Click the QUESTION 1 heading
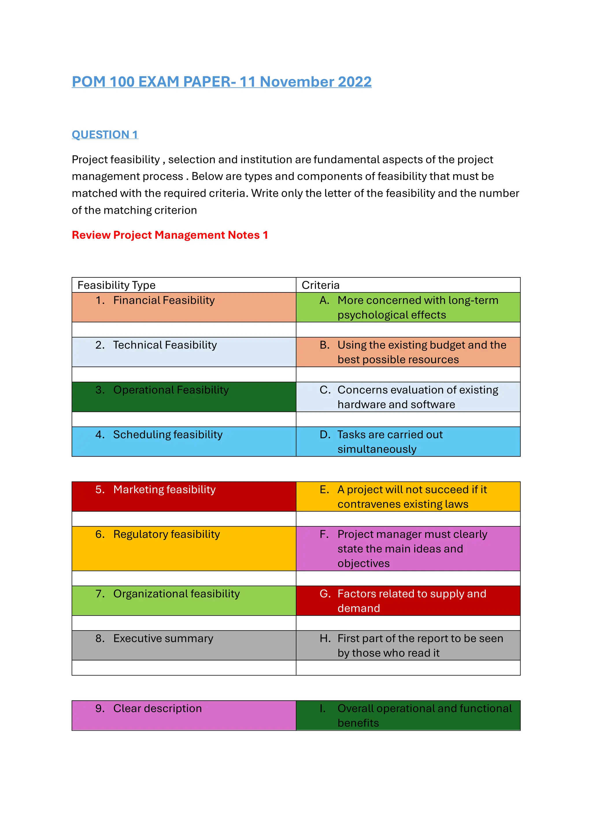(x=105, y=135)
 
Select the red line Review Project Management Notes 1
(x=170, y=235)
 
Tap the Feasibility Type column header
(x=116, y=285)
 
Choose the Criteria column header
(x=320, y=285)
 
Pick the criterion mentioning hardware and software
(x=417, y=397)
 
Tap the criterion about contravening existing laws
(x=412, y=497)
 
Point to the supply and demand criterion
(x=411, y=601)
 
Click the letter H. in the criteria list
(x=325, y=638)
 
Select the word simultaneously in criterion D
(x=377, y=449)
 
